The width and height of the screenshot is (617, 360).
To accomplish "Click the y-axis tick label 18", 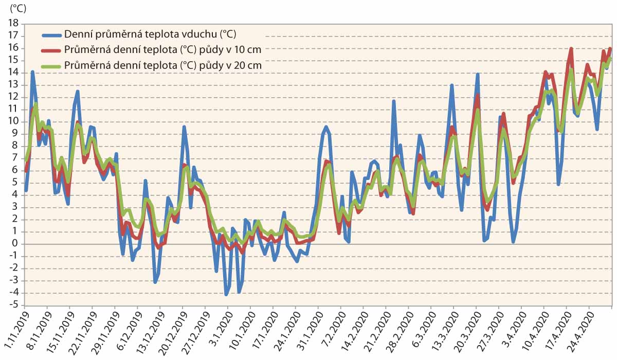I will point(13,23).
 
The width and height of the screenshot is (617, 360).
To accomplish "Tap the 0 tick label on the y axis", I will point(15,244).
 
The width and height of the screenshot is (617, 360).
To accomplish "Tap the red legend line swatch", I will point(51,50).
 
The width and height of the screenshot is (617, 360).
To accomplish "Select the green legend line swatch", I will point(51,66).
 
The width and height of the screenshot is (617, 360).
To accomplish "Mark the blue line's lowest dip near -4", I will point(226,294).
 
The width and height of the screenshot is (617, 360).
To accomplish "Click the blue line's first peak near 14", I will point(32,72).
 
